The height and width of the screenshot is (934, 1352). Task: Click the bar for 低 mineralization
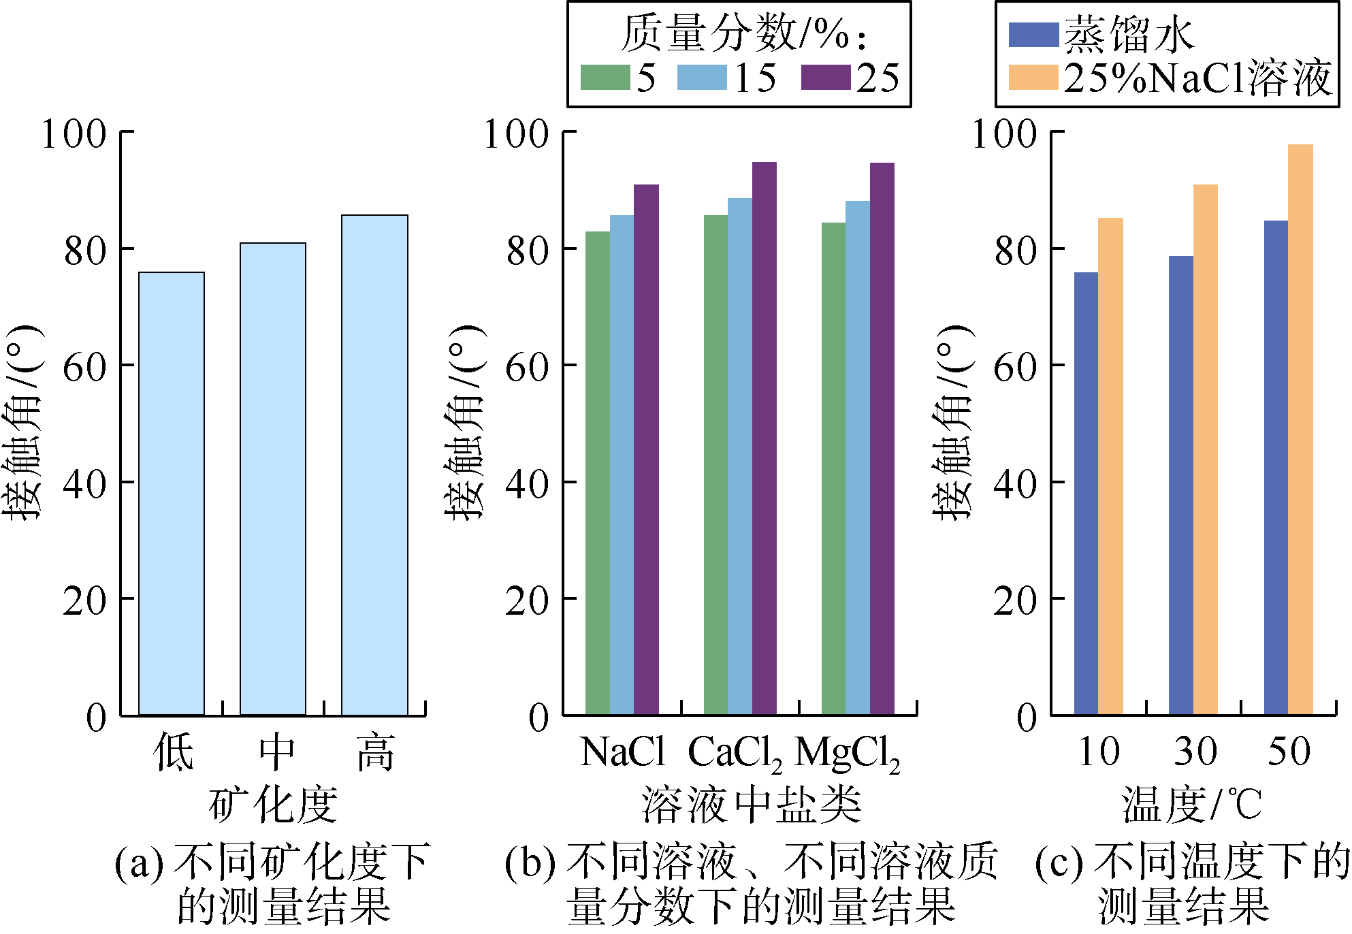click(x=172, y=494)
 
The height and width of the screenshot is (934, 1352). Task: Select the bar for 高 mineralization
click(x=374, y=465)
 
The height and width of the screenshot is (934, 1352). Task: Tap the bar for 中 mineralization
click(x=273, y=479)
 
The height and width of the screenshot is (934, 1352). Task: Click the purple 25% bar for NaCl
click(x=646, y=449)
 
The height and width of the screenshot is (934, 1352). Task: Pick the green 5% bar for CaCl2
click(x=715, y=465)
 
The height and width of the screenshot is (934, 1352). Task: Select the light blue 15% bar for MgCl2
click(x=858, y=457)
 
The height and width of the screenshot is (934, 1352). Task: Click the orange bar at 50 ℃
click(x=1300, y=429)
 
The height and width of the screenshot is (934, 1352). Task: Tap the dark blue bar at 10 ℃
click(x=1086, y=494)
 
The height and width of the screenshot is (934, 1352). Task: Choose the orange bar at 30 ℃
click(x=1206, y=449)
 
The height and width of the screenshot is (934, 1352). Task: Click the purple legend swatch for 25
click(x=826, y=77)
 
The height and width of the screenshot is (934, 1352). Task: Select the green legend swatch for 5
click(x=605, y=77)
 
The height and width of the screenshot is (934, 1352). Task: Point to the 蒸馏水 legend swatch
click(x=1033, y=35)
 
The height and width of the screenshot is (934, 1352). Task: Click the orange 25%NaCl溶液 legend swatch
click(x=1033, y=77)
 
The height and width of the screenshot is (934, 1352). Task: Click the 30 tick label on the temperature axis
click(x=1195, y=752)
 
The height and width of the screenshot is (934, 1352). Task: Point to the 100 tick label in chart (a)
click(x=74, y=133)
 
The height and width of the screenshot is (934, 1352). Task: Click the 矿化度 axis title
click(x=273, y=804)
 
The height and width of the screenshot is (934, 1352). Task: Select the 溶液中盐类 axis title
click(x=752, y=804)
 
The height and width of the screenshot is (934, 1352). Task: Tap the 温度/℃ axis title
click(x=1192, y=804)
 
